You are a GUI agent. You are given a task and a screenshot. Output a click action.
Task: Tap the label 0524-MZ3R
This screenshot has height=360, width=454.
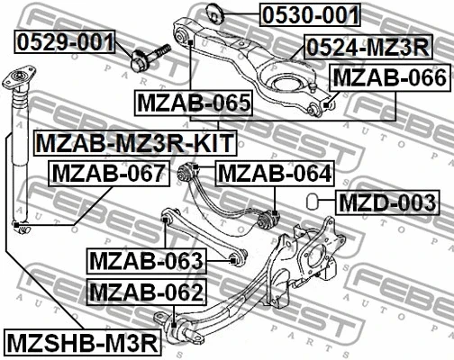pyautogui.click(x=367, y=47)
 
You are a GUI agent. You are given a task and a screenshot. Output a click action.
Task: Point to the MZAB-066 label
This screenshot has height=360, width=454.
pyautogui.click(x=389, y=78)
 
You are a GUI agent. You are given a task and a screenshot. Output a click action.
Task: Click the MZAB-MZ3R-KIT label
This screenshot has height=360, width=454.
pyautogui.click(x=134, y=142)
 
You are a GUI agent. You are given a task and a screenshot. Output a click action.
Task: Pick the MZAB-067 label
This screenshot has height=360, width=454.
pyautogui.click(x=107, y=173)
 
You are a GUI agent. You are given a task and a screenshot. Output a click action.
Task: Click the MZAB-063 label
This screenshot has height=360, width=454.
pyautogui.click(x=147, y=262)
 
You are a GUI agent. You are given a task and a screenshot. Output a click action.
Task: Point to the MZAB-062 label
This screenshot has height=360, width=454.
pyautogui.click(x=147, y=292)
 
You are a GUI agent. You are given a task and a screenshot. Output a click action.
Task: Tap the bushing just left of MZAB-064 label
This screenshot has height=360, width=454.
pyautogui.click(x=190, y=172)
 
